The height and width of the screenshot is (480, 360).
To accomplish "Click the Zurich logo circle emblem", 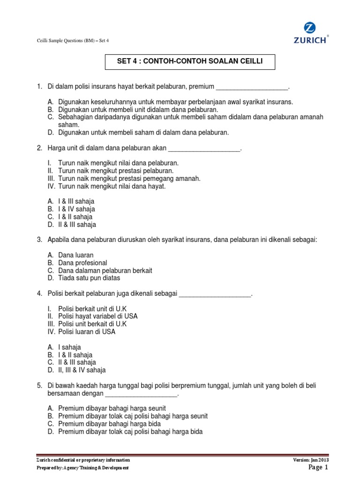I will [309, 28].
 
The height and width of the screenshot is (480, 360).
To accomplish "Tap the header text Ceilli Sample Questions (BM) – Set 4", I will [72, 40].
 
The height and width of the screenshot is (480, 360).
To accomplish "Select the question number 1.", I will [39, 87].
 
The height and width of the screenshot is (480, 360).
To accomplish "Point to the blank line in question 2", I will [204, 149].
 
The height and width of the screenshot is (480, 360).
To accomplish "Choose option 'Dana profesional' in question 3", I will [82, 263].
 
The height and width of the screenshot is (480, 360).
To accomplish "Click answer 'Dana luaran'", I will [76, 255].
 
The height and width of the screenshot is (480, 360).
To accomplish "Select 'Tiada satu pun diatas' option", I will [89, 278].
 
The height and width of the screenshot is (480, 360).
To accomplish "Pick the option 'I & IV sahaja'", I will [76, 210].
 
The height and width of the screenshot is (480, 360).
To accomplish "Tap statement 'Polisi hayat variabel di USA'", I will [97, 316].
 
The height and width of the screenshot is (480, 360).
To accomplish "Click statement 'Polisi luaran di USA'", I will [87, 331].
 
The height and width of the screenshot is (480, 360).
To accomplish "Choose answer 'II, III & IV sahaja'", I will [82, 370].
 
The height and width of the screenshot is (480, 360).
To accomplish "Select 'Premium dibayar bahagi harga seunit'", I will [112, 408].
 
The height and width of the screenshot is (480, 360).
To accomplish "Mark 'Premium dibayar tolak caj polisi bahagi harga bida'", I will [130, 432].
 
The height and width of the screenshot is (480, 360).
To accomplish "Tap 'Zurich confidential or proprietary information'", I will [83, 460].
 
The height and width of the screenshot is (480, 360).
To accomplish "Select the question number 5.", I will [39, 386].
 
